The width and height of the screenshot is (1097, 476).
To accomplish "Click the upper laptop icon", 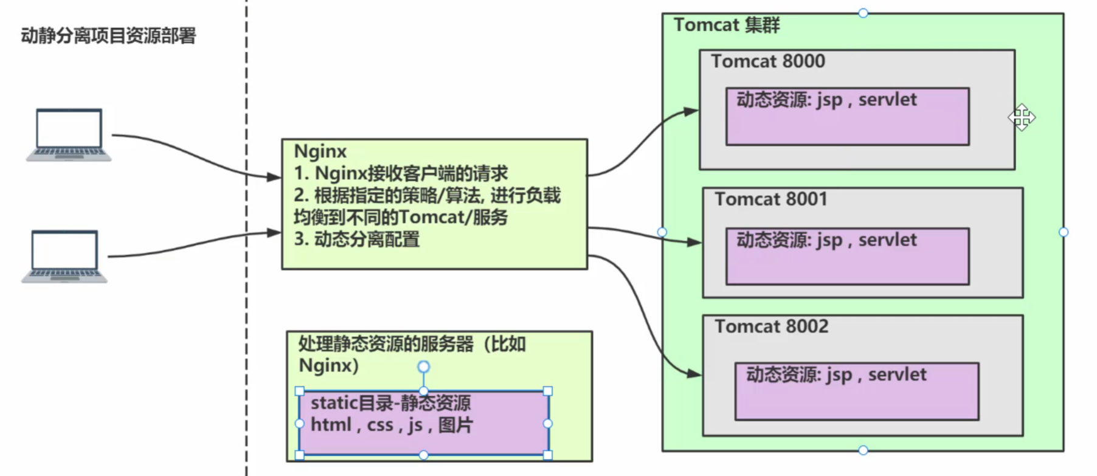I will [69, 134].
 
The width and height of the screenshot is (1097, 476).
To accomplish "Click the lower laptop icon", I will [64, 256].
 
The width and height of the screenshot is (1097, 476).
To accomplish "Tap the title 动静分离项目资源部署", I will [108, 36].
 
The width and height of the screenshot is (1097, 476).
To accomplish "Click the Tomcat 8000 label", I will [768, 61].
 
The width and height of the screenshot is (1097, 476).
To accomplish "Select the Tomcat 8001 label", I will [770, 199].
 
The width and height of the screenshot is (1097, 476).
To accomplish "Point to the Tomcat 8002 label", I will [771, 326].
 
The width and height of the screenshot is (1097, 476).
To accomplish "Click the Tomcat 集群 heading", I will [727, 25].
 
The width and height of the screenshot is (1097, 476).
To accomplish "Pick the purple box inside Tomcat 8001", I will [847, 264].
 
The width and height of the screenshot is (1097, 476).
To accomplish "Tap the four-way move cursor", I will [1022, 117].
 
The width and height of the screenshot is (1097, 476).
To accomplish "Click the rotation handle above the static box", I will [423, 367].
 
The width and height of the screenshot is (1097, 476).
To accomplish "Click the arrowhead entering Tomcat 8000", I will [691, 111].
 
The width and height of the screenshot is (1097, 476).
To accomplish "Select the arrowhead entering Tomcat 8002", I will [694, 374].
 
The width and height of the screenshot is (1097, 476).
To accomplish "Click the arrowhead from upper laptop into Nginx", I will [274, 177].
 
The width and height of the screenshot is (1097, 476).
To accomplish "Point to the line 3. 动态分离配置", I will [357, 240].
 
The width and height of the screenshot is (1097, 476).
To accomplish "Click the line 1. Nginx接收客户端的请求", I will [401, 174].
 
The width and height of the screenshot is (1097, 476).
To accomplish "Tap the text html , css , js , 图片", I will [392, 425].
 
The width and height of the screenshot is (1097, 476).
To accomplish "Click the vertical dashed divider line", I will [246, 304].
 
